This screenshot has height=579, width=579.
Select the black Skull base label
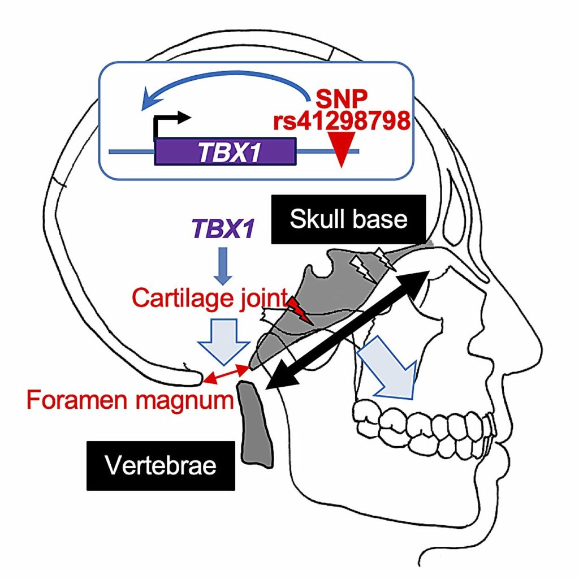[x=348, y=219]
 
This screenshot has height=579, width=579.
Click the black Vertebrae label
[x=161, y=466]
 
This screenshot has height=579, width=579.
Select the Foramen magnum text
[x=130, y=400]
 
